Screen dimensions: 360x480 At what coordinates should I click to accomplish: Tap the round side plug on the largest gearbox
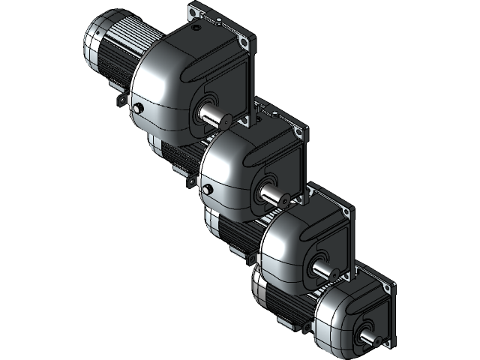point(138,109)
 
